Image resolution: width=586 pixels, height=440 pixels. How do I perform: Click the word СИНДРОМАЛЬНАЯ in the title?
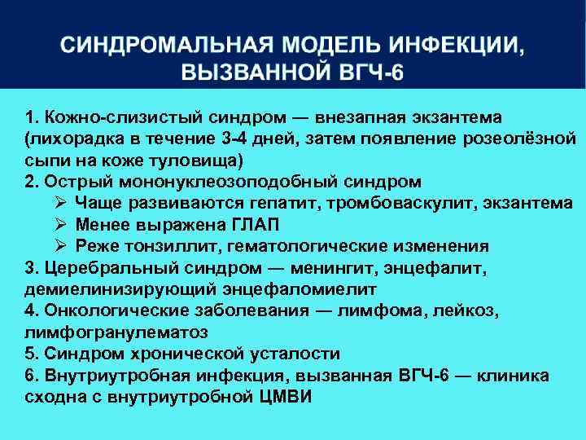tap(163, 46)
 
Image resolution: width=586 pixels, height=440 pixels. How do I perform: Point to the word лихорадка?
tap(70, 137)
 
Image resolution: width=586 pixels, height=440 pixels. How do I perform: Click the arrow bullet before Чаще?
tap(60, 202)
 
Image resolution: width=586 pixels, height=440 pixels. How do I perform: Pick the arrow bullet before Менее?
tap(60, 224)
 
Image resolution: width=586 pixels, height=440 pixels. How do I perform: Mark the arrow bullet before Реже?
tap(60, 246)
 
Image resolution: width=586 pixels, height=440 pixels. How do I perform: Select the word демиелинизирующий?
tap(108, 289)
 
